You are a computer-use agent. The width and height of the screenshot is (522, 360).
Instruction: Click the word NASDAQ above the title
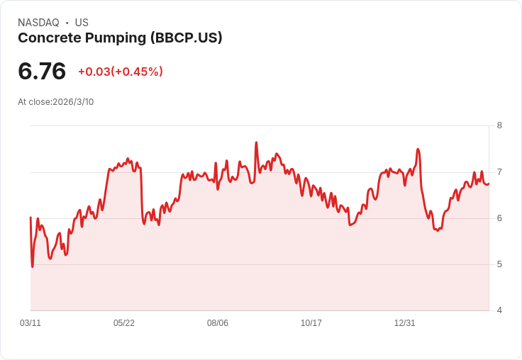(x=38, y=23)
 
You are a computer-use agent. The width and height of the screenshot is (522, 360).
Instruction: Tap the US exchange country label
(x=82, y=23)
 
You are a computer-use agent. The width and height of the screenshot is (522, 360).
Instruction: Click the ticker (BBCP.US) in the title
(x=186, y=38)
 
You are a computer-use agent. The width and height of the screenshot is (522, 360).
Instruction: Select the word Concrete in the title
(x=50, y=38)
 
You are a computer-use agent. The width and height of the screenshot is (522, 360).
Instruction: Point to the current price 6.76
(x=42, y=71)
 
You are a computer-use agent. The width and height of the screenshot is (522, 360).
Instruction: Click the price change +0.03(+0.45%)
(x=121, y=72)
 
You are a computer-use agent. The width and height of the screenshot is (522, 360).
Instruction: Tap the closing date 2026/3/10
(x=73, y=102)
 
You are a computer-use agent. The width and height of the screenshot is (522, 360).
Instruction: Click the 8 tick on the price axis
(x=499, y=125)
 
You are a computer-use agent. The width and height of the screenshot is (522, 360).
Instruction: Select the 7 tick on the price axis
(x=499, y=172)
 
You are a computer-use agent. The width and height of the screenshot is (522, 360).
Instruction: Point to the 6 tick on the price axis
(x=499, y=218)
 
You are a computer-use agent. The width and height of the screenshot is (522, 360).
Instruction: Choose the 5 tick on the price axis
(x=499, y=264)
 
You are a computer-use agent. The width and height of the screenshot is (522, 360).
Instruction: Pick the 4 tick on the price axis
(x=499, y=310)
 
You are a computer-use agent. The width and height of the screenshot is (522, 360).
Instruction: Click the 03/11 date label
(x=30, y=323)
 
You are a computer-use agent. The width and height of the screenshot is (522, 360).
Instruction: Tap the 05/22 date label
(x=124, y=323)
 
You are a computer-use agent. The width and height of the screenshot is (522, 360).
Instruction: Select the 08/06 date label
(x=218, y=323)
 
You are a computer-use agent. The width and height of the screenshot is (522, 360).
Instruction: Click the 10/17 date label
(x=311, y=323)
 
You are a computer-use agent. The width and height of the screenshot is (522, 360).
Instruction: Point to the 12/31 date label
(x=404, y=323)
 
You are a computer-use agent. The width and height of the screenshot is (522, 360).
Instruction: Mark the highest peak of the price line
(x=256, y=142)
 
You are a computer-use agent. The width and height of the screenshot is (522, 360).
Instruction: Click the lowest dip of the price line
(x=33, y=266)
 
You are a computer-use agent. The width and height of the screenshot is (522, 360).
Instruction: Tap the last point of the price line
(x=489, y=184)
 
